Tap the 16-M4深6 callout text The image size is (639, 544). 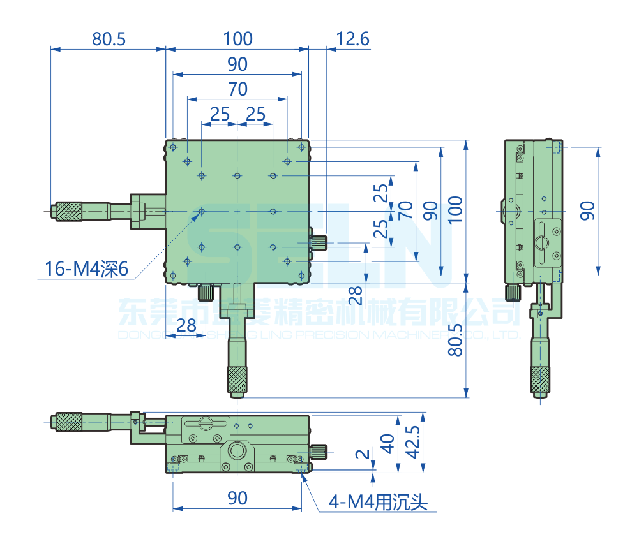click(87, 270)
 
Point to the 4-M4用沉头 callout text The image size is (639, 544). click(377, 503)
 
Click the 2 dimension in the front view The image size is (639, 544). click(363, 454)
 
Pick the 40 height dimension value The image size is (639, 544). click(387, 444)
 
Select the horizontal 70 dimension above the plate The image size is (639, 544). click(237, 89)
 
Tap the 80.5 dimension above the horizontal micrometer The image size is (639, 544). click(109, 39)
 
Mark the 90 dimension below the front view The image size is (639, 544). click(237, 498)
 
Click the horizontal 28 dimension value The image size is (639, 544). click(186, 325)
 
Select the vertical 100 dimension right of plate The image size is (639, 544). click(455, 210)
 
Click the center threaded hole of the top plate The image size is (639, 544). click(237, 211)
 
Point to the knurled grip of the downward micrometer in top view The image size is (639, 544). click(237, 380)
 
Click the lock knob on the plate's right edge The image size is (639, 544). click(319, 242)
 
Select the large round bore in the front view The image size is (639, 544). click(237, 451)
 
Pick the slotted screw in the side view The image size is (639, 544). click(542, 242)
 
